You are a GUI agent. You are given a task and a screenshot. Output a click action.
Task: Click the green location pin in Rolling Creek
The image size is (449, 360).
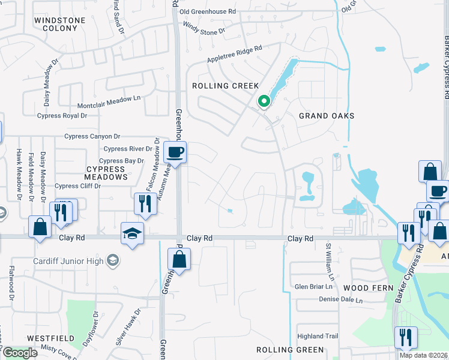(263, 102)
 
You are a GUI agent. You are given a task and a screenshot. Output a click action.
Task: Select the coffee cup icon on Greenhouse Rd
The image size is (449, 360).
(175, 152)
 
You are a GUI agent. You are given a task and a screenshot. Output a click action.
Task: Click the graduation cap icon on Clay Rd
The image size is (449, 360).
(133, 235)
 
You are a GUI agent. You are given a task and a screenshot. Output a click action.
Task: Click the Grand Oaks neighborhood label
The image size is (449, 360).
(327, 116)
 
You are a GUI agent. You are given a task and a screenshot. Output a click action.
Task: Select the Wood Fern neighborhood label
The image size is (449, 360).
(364, 289)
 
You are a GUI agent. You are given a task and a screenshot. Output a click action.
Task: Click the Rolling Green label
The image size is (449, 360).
(290, 350)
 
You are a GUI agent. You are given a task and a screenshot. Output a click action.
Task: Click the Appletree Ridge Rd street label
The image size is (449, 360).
(235, 54)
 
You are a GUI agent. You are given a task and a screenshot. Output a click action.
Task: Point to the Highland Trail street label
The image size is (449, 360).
(318, 337)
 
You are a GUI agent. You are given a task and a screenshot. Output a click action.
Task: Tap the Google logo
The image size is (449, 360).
(20, 353)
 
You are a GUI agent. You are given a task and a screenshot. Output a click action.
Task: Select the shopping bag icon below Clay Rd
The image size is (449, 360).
(179, 259)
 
